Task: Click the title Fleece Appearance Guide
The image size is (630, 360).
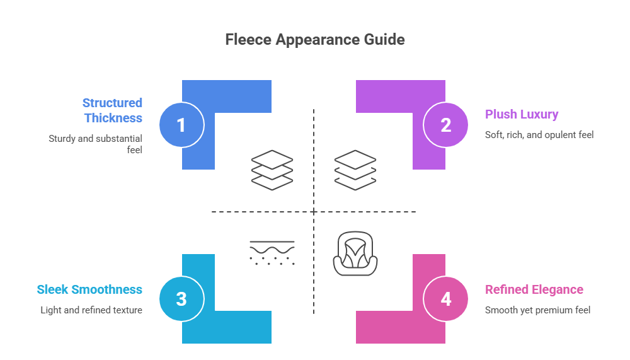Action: pyautogui.click(x=314, y=40)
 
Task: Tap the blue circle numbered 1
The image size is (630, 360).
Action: pyautogui.click(x=181, y=125)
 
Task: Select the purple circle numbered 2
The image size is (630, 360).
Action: pyautogui.click(x=446, y=125)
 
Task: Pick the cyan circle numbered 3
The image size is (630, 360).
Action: pyautogui.click(x=181, y=299)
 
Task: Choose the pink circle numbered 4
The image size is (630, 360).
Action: pyautogui.click(x=446, y=299)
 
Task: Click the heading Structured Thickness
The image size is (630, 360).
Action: pyautogui.click(x=113, y=110)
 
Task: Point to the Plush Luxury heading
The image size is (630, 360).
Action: pyautogui.click(x=522, y=114)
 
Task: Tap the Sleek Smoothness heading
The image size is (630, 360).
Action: pyautogui.click(x=89, y=289)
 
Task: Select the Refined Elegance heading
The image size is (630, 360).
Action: pyautogui.click(x=534, y=289)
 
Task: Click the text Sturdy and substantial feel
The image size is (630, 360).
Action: pyautogui.click(x=96, y=144)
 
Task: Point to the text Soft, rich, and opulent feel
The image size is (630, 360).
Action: pyautogui.click(x=539, y=134)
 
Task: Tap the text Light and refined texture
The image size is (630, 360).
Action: pyautogui.click(x=91, y=310)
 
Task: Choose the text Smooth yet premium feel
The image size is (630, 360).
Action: pyautogui.click(x=537, y=310)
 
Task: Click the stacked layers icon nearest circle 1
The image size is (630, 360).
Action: pyautogui.click(x=272, y=170)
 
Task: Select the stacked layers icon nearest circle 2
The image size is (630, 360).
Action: pyautogui.click(x=355, y=170)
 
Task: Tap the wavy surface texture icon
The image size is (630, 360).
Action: pyautogui.click(x=272, y=252)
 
